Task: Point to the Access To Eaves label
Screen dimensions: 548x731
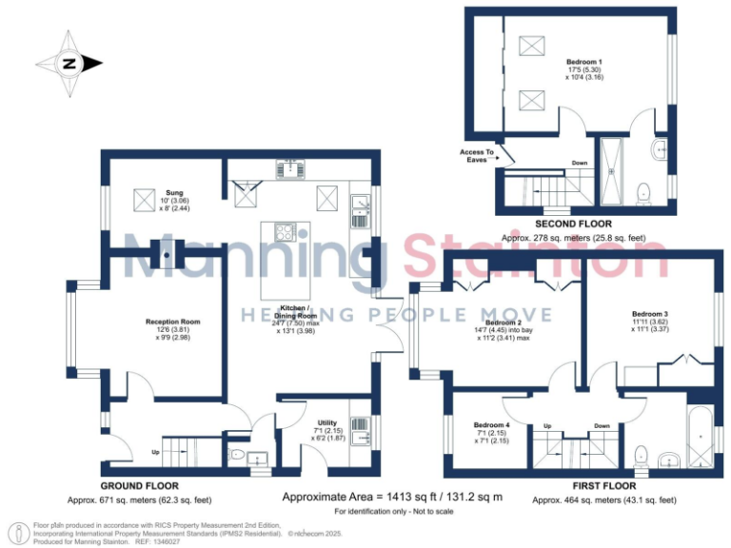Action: [x=477, y=156]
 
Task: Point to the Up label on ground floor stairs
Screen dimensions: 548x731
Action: [x=156, y=452]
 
